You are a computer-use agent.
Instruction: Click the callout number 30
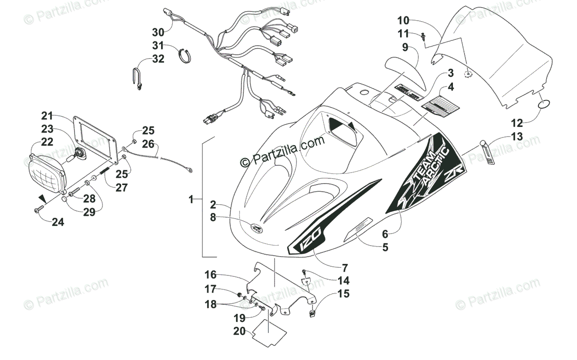click(x=158, y=32)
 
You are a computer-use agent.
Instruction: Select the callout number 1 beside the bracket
click(x=191, y=199)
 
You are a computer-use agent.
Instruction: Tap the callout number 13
click(x=516, y=137)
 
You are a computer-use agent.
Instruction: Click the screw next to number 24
click(x=39, y=210)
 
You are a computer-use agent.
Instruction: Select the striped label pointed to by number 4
click(x=438, y=103)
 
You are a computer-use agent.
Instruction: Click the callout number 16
click(x=210, y=274)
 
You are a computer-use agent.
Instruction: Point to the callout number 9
click(x=405, y=48)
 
